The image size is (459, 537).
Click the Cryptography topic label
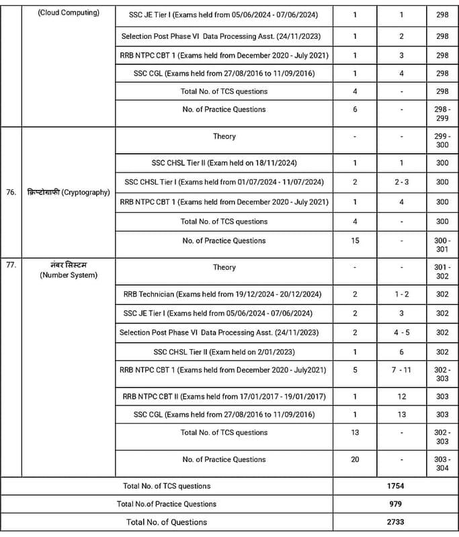[67, 192]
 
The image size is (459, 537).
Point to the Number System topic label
[67, 270]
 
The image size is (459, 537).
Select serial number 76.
[11, 192]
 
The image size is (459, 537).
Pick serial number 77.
[11, 264]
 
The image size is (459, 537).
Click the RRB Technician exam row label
[224, 294]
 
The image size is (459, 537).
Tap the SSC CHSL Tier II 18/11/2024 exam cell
[224, 163]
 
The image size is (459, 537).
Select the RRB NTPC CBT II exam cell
[224, 397]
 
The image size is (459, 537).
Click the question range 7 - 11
[402, 370]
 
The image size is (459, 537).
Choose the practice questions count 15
[355, 240]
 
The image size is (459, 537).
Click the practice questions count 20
[355, 459]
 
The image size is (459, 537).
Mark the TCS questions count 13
[355, 432]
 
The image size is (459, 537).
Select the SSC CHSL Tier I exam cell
[224, 182]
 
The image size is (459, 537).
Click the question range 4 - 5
[402, 332]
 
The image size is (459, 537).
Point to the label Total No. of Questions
[167, 522]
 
